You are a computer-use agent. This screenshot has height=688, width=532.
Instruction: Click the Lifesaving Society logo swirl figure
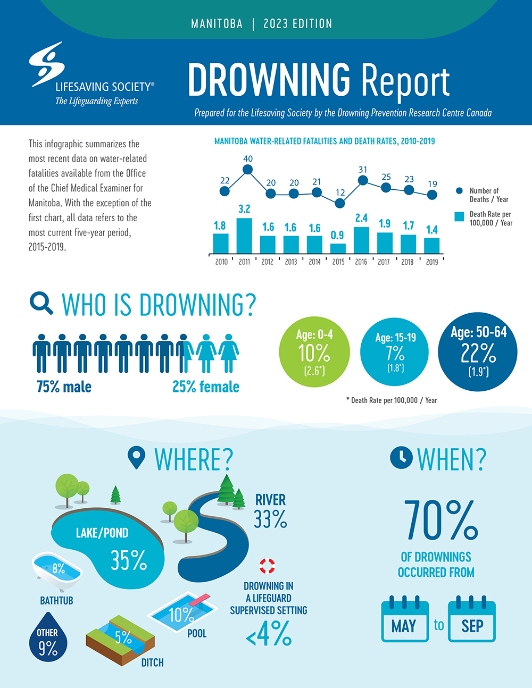click(47, 64)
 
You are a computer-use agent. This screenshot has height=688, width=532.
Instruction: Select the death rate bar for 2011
click(244, 236)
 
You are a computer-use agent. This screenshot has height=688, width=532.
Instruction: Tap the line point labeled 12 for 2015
click(340, 203)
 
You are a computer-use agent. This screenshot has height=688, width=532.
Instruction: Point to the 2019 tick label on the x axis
click(432, 262)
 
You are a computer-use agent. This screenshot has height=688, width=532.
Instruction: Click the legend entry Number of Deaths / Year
click(484, 195)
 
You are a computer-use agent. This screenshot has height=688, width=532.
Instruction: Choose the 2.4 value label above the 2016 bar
click(361, 218)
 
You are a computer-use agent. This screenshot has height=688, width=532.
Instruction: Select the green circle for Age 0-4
click(314, 351)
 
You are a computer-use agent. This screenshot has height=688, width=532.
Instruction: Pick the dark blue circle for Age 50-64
click(478, 351)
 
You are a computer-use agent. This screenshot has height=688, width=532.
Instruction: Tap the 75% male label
click(64, 387)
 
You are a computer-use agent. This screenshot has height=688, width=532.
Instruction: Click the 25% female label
click(206, 387)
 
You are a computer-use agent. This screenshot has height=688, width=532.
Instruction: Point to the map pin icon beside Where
click(137, 458)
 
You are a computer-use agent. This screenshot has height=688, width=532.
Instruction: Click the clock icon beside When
click(401, 458)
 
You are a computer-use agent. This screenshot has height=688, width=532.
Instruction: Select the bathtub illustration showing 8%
click(57, 572)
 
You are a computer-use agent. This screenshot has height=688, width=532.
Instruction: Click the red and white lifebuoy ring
click(267, 566)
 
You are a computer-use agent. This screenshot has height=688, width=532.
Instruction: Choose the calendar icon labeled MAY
click(405, 620)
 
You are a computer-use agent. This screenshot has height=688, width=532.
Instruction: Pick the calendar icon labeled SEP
click(472, 620)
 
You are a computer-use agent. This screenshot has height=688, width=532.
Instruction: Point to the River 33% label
click(270, 511)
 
